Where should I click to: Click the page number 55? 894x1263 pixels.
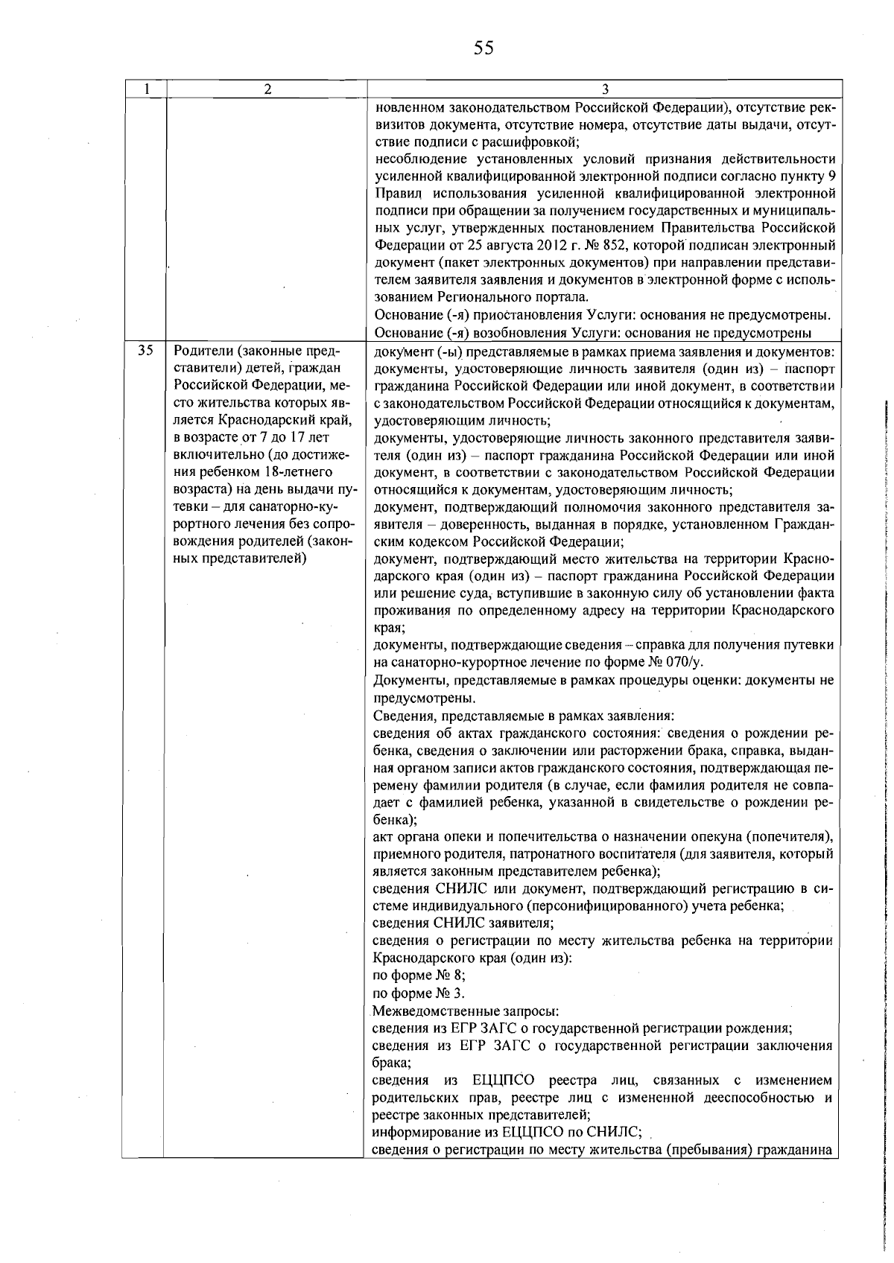click(484, 48)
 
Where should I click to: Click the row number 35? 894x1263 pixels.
click(146, 351)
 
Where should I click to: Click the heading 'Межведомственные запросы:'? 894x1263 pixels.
click(466, 1011)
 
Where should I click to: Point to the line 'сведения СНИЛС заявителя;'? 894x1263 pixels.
click(463, 923)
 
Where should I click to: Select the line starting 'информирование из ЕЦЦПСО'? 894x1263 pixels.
click(507, 1133)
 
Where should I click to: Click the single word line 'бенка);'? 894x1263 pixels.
click(395, 819)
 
